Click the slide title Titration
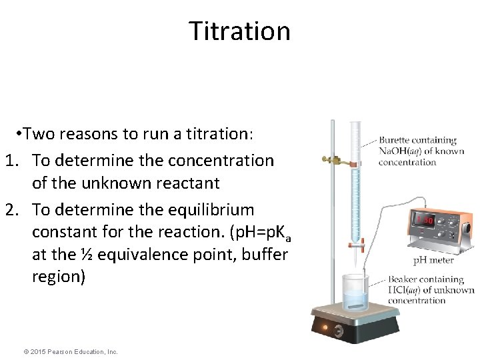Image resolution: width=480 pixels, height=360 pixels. coord(239,31)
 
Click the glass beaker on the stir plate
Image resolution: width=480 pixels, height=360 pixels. coord(360,295)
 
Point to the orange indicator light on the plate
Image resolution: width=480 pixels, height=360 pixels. coord(325,328)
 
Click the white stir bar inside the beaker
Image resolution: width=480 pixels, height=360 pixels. coord(358,305)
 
